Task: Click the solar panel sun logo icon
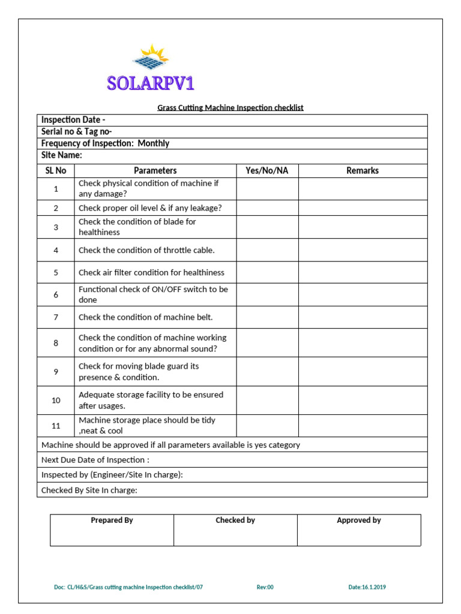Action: tap(151, 58)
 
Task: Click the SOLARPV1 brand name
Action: tap(151, 83)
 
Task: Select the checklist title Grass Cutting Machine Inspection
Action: tap(230, 108)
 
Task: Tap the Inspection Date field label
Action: tap(73, 121)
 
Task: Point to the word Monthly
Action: tap(154, 143)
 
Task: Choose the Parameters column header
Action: tap(155, 171)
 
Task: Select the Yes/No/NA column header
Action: tap(267, 171)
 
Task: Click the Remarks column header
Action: tap(363, 171)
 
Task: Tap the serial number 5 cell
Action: tap(56, 273)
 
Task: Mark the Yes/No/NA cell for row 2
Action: tap(267, 208)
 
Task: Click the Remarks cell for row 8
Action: tap(363, 343)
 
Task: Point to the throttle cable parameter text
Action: tap(146, 250)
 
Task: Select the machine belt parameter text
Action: tap(146, 317)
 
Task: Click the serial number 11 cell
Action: tap(56, 426)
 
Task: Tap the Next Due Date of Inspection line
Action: tap(95, 460)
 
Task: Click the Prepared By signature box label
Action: tap(112, 520)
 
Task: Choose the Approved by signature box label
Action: tap(359, 520)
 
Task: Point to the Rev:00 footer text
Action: tap(265, 588)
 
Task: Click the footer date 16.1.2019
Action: tap(367, 588)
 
